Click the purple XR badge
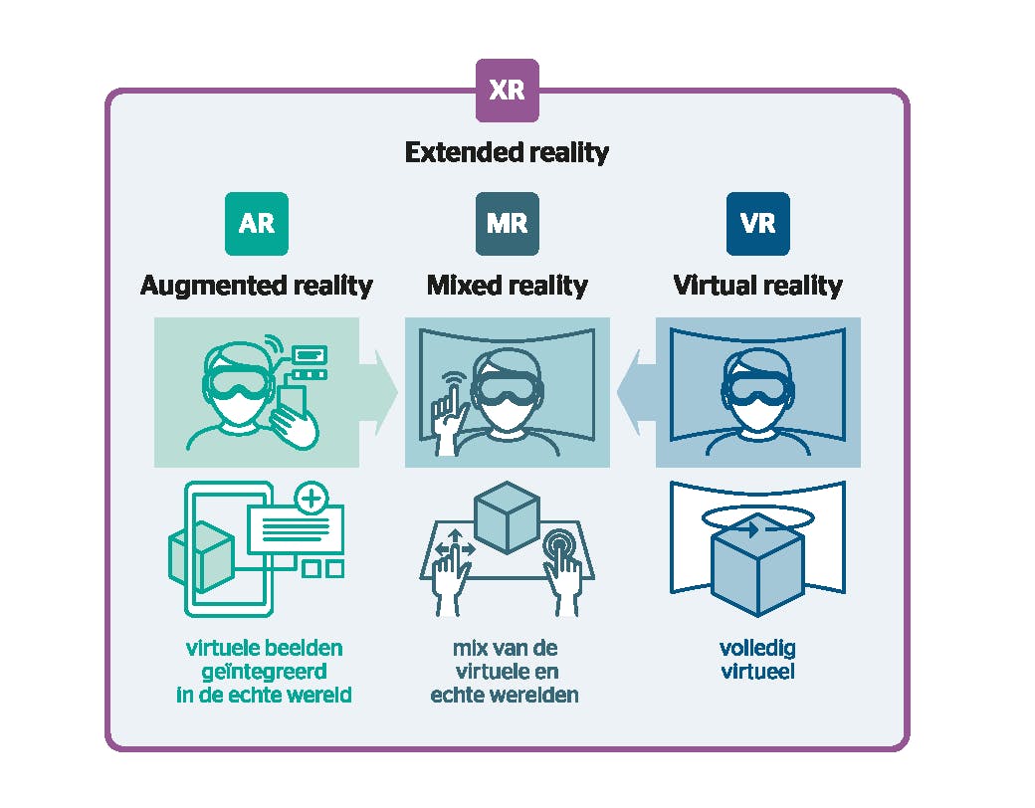(507, 91)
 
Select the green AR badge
(256, 223)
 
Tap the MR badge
(507, 223)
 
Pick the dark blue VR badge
(757, 223)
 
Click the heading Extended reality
(507, 153)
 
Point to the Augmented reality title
(256, 287)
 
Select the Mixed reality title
(507, 287)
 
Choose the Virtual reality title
(757, 287)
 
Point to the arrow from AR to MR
(379, 393)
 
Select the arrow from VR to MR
(635, 393)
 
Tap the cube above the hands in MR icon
(507, 517)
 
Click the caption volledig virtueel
(757, 660)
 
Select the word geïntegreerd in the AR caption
(264, 672)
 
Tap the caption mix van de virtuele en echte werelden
(506, 672)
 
